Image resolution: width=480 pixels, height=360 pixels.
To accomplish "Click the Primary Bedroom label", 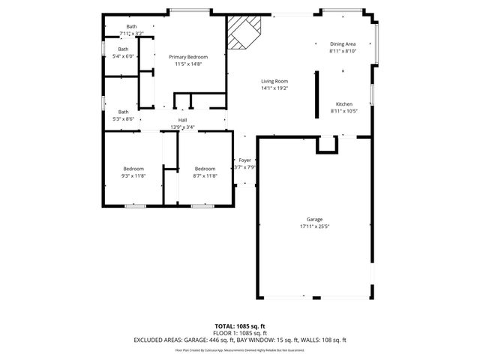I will click(x=187, y=57).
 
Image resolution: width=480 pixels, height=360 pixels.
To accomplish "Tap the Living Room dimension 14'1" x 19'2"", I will click(x=274, y=88).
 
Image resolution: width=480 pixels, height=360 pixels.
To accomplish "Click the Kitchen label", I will click(x=344, y=103).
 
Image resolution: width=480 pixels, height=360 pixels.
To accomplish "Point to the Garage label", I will click(x=313, y=219).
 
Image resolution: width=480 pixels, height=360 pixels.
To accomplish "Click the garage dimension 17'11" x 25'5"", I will click(x=313, y=226).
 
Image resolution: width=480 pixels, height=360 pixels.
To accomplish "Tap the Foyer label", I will click(x=244, y=160).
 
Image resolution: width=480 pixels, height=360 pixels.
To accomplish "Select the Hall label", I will click(x=182, y=120).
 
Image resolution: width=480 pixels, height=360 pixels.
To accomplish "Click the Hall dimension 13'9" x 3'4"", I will click(x=182, y=127).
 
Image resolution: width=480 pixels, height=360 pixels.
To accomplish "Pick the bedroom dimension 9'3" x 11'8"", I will click(x=133, y=175).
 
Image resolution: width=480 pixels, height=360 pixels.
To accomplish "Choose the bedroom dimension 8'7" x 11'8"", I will click(x=205, y=175).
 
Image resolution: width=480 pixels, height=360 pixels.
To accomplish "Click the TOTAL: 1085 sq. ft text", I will click(x=240, y=326).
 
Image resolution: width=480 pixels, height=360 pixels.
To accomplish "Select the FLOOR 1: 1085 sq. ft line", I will click(x=240, y=333).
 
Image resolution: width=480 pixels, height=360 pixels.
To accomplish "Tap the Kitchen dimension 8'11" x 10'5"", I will click(x=344, y=110).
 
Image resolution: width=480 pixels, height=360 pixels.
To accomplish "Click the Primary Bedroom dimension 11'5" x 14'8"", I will click(x=187, y=64).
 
